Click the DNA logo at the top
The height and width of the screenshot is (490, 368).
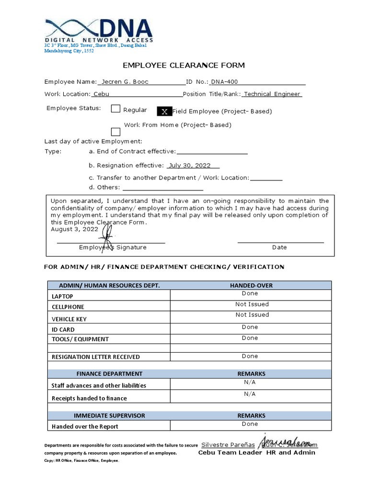point(99,30)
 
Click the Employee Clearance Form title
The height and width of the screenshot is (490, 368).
point(184,65)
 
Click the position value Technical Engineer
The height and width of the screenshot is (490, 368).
point(272,94)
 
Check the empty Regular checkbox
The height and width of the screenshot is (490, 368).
point(115,109)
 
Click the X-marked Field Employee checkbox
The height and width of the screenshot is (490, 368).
point(164,111)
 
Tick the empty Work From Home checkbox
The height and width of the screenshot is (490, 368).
point(115,132)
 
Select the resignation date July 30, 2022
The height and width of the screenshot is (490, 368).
point(190,166)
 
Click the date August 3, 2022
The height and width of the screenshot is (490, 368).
point(74,229)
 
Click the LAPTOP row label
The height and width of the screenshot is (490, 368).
point(63,297)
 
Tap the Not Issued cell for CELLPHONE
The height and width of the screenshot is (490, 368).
point(252,304)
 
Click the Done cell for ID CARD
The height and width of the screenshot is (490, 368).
point(250,327)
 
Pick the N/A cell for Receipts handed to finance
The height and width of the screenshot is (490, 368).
point(250,394)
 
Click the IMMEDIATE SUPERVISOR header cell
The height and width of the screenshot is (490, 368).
point(109,415)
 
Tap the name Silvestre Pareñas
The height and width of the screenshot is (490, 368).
point(229,445)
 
